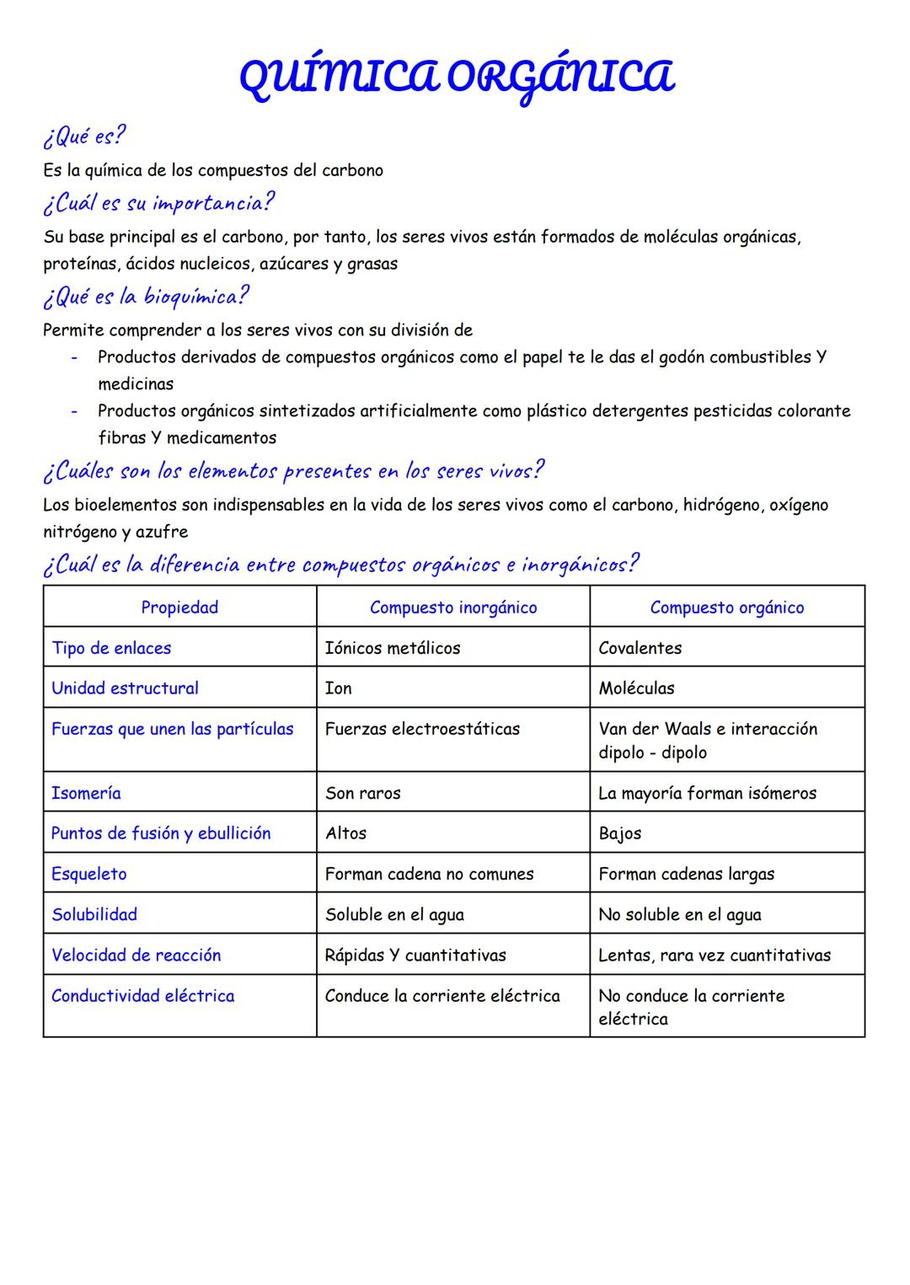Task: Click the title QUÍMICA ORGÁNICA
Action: (456, 78)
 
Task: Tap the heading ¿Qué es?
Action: (84, 136)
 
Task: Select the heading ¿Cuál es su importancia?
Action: (158, 203)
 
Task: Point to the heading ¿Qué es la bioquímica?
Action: (146, 297)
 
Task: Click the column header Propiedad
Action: (179, 608)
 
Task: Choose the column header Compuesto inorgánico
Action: (453, 608)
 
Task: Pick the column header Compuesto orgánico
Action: (726, 608)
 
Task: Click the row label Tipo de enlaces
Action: (111, 648)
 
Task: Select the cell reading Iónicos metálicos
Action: (393, 648)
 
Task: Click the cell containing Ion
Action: (338, 688)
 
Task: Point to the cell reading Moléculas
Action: (636, 688)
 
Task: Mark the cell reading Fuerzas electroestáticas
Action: (422, 729)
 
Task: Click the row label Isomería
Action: (86, 793)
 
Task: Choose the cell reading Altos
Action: (345, 833)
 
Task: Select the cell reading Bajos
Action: (619, 833)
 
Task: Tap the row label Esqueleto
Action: (88, 874)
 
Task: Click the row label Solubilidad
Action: (94, 914)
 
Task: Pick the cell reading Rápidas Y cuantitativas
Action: (415, 955)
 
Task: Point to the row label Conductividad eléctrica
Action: (142, 996)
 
